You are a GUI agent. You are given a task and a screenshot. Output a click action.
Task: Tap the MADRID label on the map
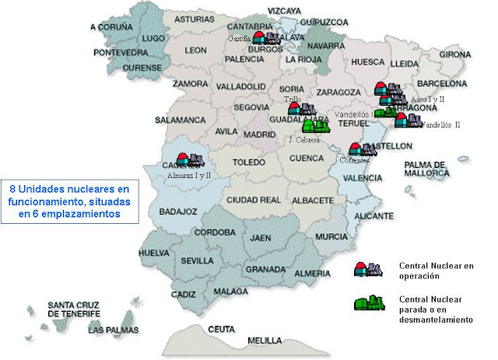[x=259, y=134]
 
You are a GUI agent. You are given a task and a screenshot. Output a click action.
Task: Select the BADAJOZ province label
[x=178, y=211]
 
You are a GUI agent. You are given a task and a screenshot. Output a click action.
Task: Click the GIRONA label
[x=455, y=55]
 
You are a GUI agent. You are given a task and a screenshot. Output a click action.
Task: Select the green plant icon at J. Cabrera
[x=315, y=125]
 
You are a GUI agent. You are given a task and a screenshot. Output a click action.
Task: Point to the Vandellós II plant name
[x=440, y=124]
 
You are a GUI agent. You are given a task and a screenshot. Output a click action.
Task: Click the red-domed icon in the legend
[x=368, y=269]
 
